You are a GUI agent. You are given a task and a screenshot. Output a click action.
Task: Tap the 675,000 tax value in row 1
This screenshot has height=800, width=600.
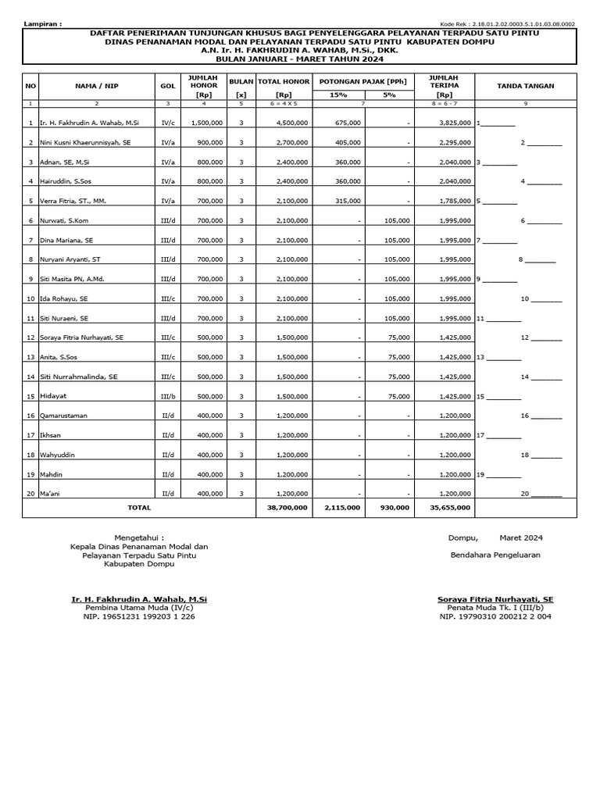point(347,123)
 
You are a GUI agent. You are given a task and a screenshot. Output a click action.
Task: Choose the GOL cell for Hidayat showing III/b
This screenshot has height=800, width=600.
point(168,397)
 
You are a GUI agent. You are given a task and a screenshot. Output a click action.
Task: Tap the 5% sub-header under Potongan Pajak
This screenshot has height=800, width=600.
point(389,95)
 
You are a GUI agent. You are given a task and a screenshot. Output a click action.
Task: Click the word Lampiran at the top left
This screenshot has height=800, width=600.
point(43,25)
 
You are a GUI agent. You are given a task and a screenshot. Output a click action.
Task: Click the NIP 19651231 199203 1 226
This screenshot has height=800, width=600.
point(139,617)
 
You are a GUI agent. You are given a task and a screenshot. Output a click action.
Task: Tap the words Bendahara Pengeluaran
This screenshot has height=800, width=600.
point(495,555)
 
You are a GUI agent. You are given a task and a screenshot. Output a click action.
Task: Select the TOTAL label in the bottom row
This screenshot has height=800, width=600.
point(139,508)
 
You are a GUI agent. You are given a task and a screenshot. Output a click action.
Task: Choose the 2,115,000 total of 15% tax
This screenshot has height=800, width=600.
point(343,508)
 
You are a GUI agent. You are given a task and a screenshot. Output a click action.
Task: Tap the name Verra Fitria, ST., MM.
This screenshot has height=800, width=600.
point(73,202)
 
